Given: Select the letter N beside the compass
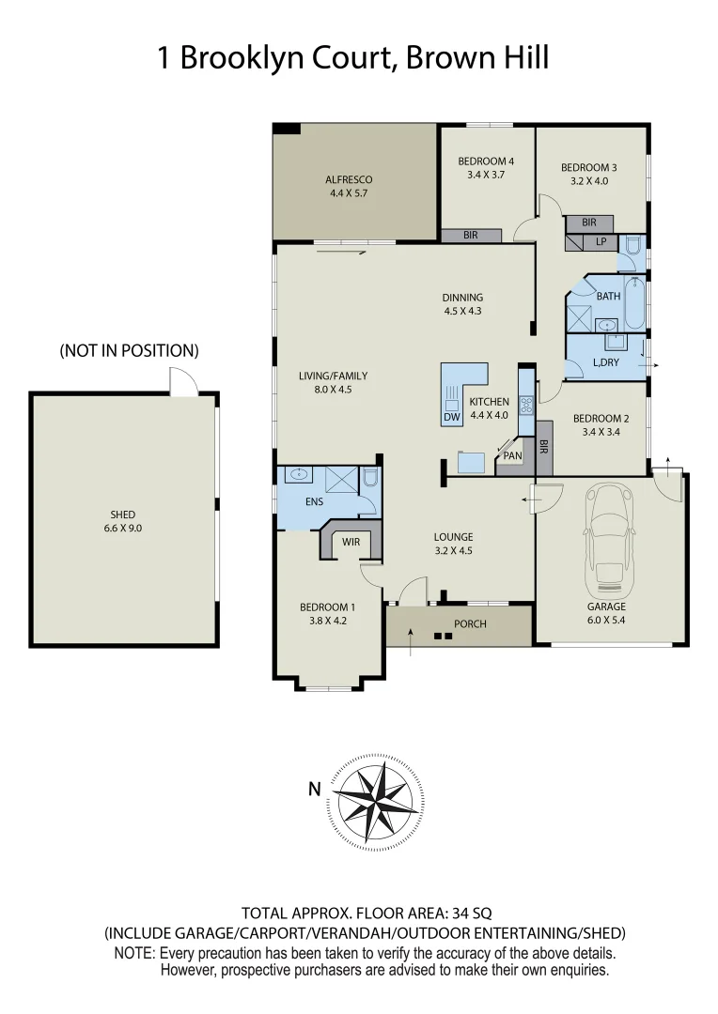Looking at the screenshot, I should coord(315,790).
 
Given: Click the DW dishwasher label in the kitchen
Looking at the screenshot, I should coord(450,417).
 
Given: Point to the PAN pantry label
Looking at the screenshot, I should coord(512,456).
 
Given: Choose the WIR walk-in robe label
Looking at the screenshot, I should coord(351,543).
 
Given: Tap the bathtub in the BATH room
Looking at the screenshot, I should coord(634,303).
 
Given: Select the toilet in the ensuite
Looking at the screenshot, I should coord(369,481).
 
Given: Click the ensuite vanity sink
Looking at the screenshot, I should coord(299,475).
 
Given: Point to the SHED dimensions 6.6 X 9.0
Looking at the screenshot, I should coord(122,528).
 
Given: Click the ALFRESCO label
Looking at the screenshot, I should coord(349,179).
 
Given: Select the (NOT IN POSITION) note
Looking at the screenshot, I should coord(129,351).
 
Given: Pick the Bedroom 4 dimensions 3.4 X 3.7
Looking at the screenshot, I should coord(486,174).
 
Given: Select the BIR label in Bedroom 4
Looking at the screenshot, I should coord(470,235).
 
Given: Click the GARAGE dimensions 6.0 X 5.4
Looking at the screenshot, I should coord(606,620).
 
